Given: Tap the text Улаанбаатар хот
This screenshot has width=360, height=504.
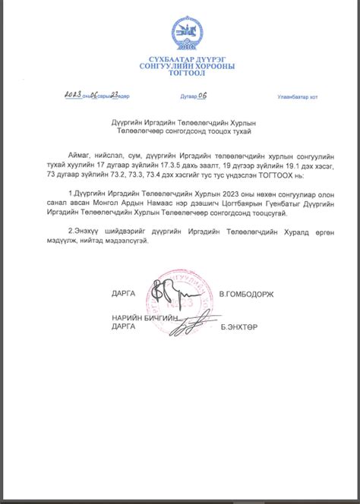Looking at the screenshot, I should pyautogui.click(x=298, y=97).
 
